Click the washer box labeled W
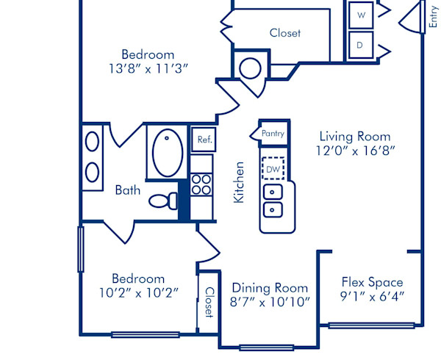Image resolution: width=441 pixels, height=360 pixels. coord(361,14)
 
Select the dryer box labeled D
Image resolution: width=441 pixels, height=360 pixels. coord(361,45)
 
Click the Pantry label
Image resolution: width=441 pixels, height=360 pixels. coord(273,134)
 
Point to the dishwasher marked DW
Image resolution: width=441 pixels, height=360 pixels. coord(273,169)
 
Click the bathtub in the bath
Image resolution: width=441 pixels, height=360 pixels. coord(168,152)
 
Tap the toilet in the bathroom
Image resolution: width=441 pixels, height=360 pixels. coord(165,200)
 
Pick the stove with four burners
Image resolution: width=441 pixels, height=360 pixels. coord(201,184)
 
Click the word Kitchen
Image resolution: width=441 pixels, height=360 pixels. coord(239,182)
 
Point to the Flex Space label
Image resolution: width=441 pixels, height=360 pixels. coord(372,282)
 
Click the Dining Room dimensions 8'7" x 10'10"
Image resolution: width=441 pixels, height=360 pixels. coord(270,301)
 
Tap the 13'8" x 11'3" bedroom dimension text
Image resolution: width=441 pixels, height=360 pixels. coord(148,68)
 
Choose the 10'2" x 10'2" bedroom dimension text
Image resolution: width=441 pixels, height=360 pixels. coord(138,293)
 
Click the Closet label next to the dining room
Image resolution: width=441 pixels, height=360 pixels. coord(209,302)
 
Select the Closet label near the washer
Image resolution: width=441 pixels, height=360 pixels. coord(284,33)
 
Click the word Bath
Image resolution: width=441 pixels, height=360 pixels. coord(127,190)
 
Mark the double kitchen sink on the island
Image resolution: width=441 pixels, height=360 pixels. coord(273,202)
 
